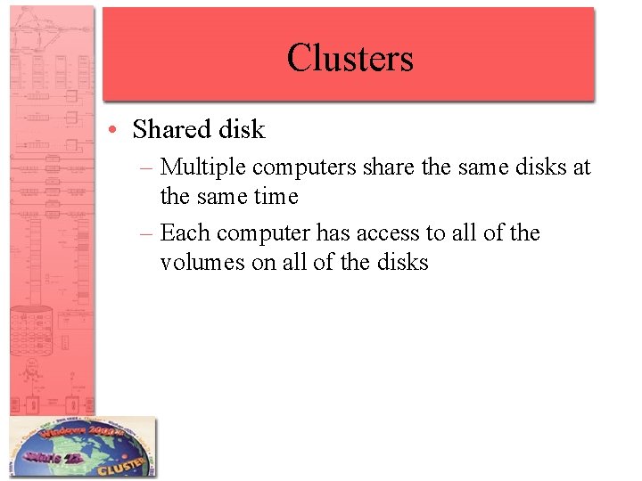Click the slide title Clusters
tap(350, 58)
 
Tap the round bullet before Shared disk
tap(117, 130)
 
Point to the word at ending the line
tap(581, 167)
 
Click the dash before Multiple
tap(148, 167)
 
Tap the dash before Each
tap(148, 233)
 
